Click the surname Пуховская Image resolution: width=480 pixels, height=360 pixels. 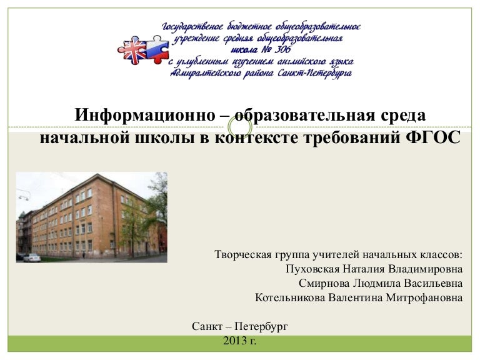311,269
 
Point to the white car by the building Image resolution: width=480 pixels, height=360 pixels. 31,257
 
